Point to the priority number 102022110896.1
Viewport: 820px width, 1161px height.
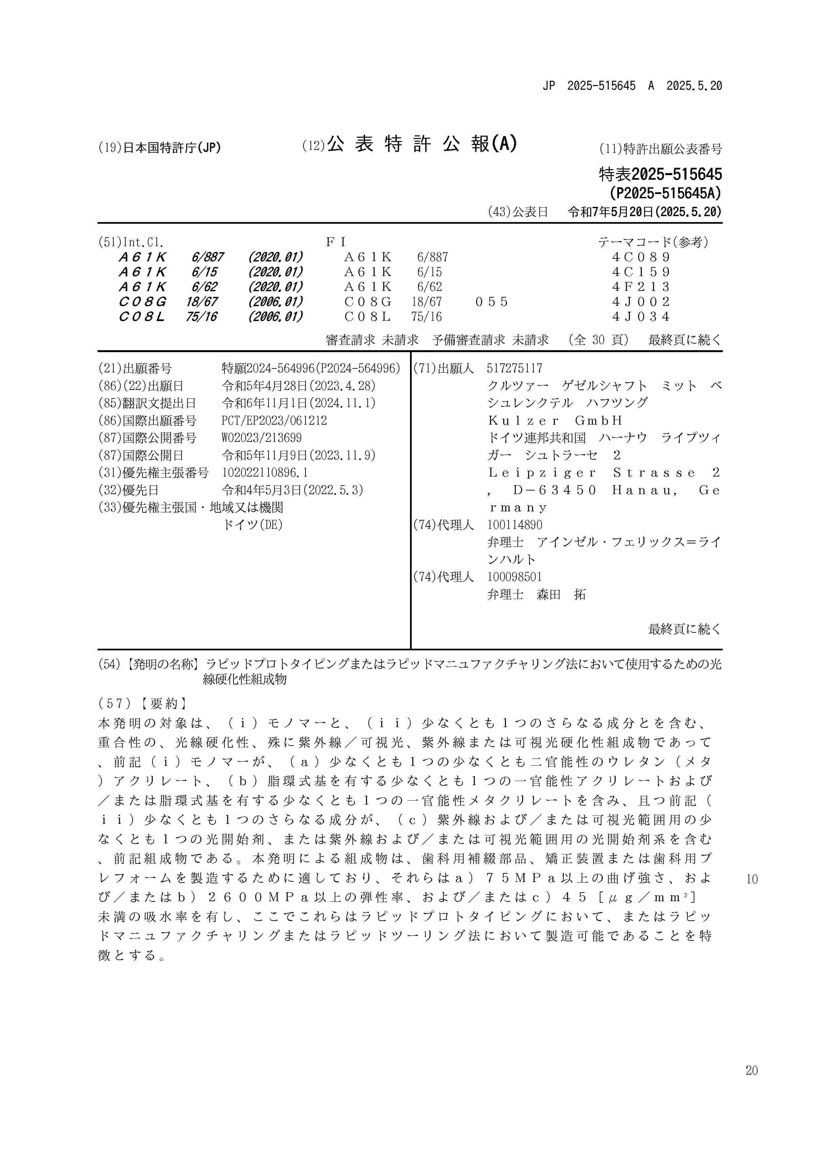tap(265, 473)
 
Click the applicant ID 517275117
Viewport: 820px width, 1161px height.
tap(514, 369)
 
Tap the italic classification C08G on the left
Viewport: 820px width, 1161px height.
tap(143, 302)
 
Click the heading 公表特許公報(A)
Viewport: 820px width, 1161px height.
tap(421, 145)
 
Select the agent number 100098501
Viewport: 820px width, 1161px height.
tap(514, 577)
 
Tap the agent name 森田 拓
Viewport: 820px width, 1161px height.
tap(561, 595)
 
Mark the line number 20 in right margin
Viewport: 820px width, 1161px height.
tap(751, 1071)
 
